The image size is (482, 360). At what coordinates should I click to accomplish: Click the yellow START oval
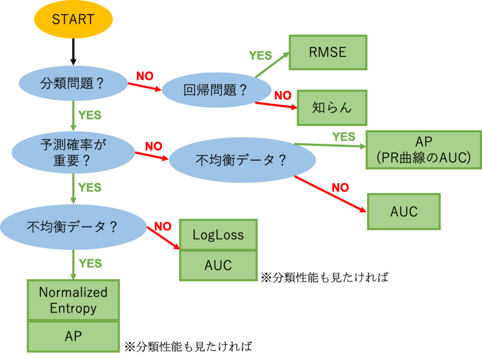point(73,19)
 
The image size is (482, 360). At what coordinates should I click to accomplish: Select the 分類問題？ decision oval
point(73,83)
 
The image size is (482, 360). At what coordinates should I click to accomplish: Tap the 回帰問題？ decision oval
point(216,90)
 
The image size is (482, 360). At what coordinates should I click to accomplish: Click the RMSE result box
point(328,52)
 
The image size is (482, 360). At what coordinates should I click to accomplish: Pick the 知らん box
point(332,108)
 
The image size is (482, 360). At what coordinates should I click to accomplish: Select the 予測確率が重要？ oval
point(73,153)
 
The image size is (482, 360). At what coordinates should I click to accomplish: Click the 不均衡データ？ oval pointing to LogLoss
point(73,226)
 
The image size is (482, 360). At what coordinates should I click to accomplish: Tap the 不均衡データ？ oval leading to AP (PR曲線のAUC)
point(242,160)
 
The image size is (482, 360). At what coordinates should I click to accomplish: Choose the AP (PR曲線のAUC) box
point(423,150)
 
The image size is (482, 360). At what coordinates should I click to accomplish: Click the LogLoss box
point(218,235)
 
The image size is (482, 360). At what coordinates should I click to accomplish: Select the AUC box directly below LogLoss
point(218,265)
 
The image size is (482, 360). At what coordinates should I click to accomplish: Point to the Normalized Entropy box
point(73,300)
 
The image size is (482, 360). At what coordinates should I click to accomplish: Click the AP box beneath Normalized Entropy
point(73,336)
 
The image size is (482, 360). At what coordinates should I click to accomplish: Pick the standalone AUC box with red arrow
point(404,212)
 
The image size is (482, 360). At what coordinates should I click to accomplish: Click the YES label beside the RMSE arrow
point(260,56)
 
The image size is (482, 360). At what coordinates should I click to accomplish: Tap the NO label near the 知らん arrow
point(283,95)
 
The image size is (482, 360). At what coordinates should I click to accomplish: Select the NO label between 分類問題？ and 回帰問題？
point(145,76)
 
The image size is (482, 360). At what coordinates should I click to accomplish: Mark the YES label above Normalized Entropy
point(90,264)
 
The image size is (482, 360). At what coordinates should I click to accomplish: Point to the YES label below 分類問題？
point(90,115)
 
